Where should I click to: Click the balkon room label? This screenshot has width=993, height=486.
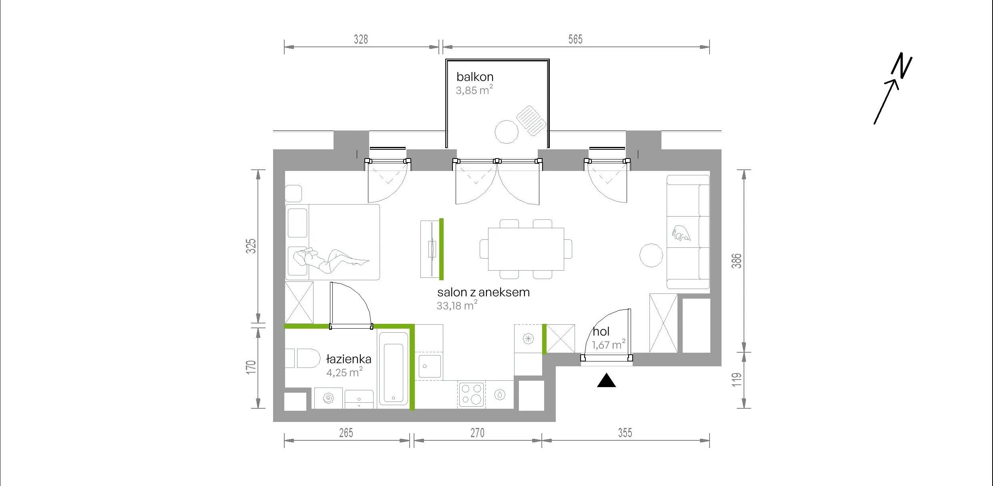[x=474, y=76]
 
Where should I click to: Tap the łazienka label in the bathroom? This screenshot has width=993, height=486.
[x=348, y=359]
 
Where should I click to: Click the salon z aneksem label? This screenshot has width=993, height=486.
[x=483, y=292]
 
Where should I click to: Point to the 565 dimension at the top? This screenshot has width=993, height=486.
[x=575, y=39]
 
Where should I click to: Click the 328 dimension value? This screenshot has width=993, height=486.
[x=361, y=39]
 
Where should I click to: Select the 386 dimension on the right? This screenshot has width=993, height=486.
[x=737, y=261]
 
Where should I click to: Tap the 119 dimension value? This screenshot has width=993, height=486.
[x=737, y=380]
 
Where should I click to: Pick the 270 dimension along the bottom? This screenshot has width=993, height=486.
[x=477, y=433]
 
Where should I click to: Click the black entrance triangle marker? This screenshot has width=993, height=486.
[x=606, y=381]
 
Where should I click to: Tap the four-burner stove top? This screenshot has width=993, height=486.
[x=470, y=395]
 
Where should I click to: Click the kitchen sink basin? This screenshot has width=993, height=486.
[x=430, y=366]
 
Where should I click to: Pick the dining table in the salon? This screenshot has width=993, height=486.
[x=526, y=249]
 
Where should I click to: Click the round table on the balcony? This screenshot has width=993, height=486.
[x=507, y=132]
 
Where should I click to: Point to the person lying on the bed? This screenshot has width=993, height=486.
[x=332, y=259]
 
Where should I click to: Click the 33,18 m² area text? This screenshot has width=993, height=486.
[x=457, y=305]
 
